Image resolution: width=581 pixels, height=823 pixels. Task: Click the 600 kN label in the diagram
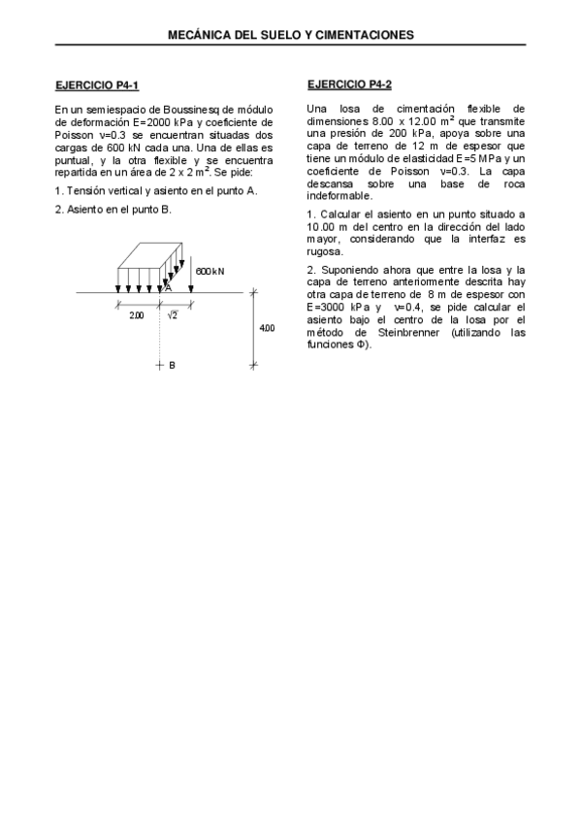pyautogui.click(x=210, y=271)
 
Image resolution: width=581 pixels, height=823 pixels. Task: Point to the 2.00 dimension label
pyautogui.click(x=137, y=315)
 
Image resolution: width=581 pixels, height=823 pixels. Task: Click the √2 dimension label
pyautogui.click(x=173, y=314)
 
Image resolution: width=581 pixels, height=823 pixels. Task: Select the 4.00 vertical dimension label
pyautogui.click(x=267, y=328)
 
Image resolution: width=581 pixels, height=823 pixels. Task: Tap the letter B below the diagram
pyautogui.click(x=172, y=366)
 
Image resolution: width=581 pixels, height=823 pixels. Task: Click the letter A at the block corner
pyautogui.click(x=168, y=288)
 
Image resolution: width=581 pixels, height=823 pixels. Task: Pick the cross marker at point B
pyautogui.click(x=160, y=365)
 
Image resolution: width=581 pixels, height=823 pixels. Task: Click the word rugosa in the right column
pyautogui.click(x=324, y=250)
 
